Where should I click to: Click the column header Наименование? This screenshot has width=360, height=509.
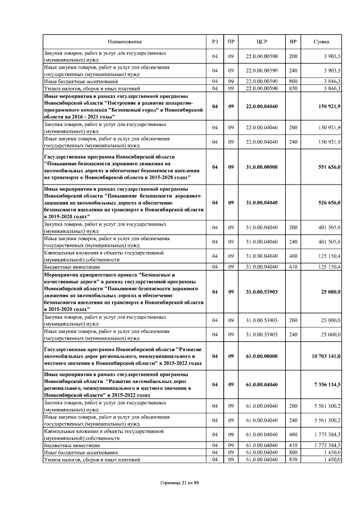pyautogui.click(x=125, y=42)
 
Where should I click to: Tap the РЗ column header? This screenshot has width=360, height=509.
pyautogui.click(x=214, y=42)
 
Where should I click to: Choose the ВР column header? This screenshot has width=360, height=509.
pyautogui.click(x=293, y=42)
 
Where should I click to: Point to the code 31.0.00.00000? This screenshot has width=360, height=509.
pyautogui.click(x=262, y=166)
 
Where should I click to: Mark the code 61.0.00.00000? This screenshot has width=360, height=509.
pyautogui.click(x=262, y=356)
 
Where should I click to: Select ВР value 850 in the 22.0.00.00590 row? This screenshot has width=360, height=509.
pyautogui.click(x=293, y=88)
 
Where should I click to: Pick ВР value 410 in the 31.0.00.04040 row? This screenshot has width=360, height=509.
pyautogui.click(x=293, y=266)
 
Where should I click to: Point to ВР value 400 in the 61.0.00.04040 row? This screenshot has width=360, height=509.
pyautogui.click(x=293, y=434)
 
